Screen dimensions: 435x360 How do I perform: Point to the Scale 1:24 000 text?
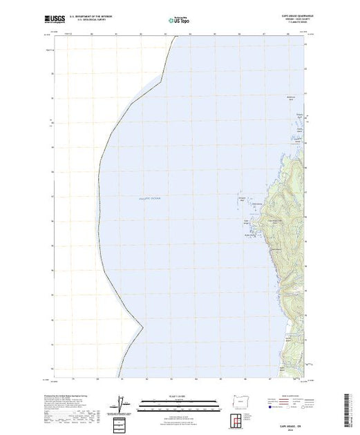pyautogui.click(x=177, y=394)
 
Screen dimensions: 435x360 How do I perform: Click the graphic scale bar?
pyautogui.click(x=177, y=400)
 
